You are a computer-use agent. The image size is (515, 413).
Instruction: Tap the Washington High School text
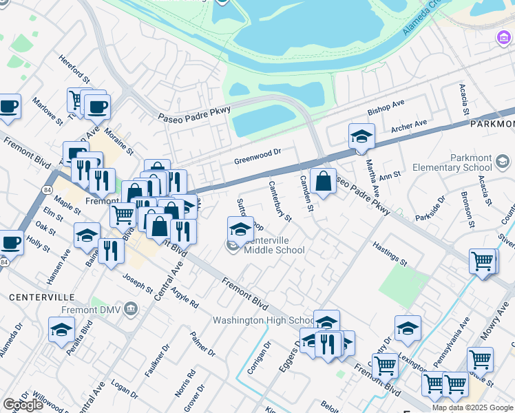(x=263, y=320)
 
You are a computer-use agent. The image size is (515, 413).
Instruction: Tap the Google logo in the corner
(x=23, y=404)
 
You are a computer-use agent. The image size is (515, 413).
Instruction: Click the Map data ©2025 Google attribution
(x=472, y=407)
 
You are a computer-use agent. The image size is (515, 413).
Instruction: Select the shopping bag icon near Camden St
(x=323, y=182)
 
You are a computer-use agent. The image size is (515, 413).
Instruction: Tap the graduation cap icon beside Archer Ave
(x=361, y=137)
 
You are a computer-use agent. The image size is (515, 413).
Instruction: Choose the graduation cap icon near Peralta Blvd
(x=61, y=330)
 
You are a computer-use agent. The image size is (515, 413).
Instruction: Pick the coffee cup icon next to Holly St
(x=10, y=242)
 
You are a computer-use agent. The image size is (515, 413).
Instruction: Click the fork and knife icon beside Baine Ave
(x=110, y=252)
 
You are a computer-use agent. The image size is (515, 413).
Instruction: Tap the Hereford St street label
(x=74, y=69)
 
